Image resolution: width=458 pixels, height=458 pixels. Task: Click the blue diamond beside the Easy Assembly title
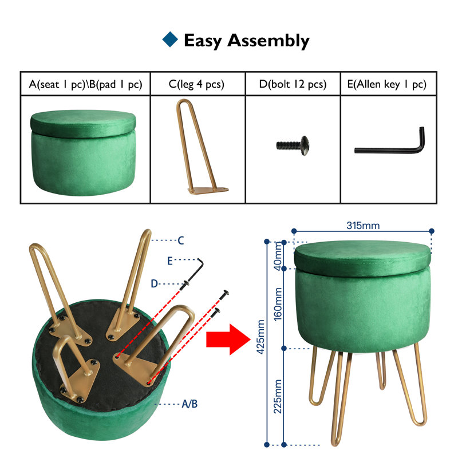tap(170, 39)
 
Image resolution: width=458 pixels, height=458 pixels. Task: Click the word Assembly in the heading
tap(269, 41)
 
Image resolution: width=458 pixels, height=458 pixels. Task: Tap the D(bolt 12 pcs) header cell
tap(293, 84)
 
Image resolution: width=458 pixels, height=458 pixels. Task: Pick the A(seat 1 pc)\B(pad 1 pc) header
tap(85, 84)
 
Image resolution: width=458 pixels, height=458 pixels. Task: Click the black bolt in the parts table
tap(293, 145)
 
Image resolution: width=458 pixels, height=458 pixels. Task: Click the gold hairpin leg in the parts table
tap(202, 147)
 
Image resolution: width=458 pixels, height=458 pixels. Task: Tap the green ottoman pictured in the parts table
tap(83, 152)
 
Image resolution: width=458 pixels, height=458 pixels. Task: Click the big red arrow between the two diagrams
tap(228, 339)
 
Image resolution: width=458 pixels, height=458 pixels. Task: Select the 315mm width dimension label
tap(363, 226)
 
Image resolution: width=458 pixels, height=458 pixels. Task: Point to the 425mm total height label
tap(260, 337)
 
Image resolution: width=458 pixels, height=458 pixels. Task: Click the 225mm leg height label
tap(278, 396)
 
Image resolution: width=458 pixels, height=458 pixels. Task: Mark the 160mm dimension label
tap(278, 304)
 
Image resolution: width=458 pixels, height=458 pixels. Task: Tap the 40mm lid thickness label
tap(278, 256)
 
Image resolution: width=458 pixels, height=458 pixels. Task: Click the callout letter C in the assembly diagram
tap(181, 240)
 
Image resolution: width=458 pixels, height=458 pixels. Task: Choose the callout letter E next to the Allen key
tap(170, 261)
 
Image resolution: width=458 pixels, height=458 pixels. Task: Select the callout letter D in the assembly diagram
tap(154, 283)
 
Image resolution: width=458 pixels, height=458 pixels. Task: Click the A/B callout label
tap(189, 404)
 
